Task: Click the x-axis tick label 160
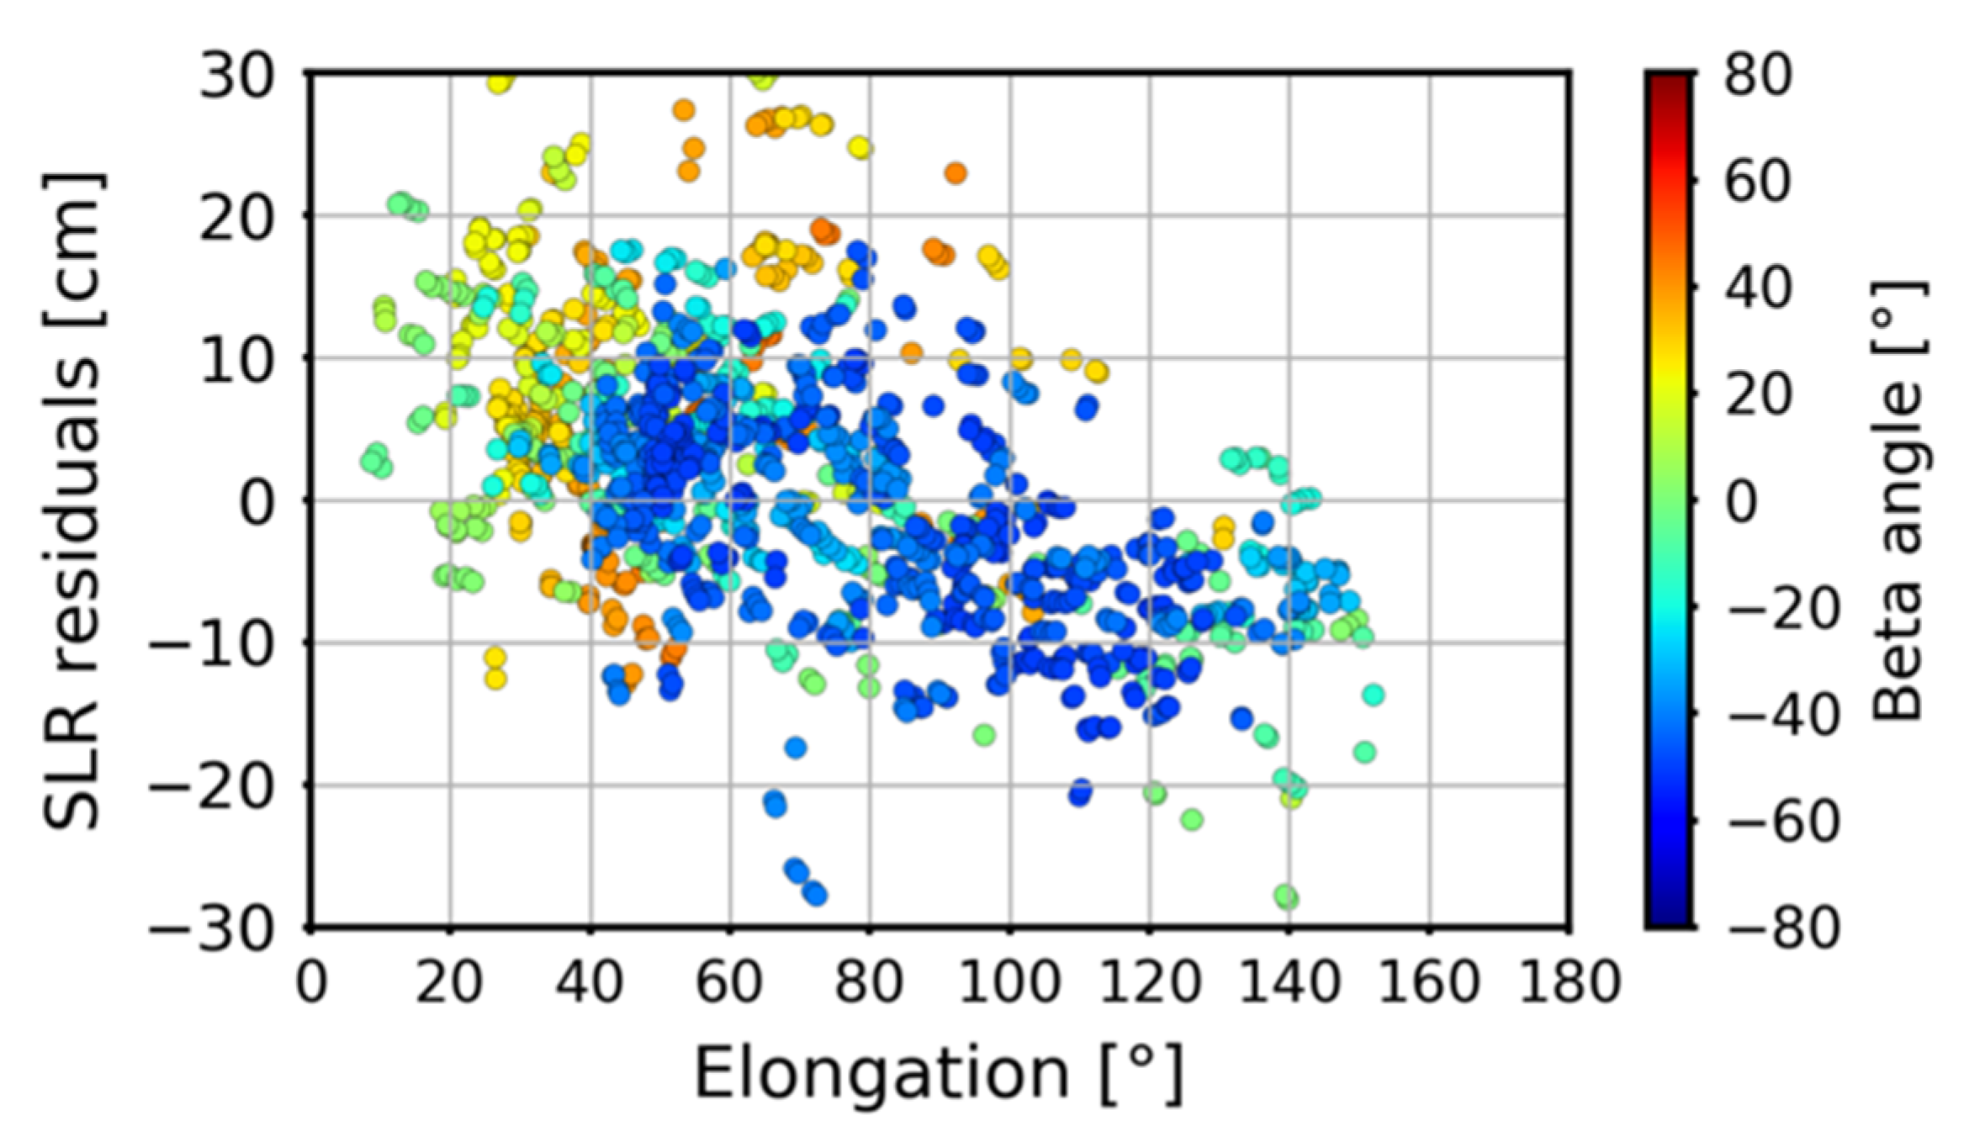point(1428,981)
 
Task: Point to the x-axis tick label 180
point(1569,981)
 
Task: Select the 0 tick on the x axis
point(311,981)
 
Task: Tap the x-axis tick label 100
point(1009,981)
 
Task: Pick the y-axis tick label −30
point(210,928)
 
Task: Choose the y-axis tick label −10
point(210,643)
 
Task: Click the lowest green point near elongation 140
point(1286,897)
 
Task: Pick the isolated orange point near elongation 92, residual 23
point(955,173)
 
